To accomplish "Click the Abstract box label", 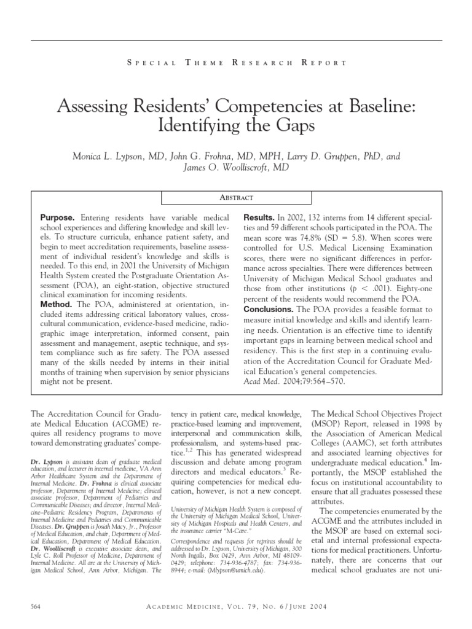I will pos(236,198).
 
